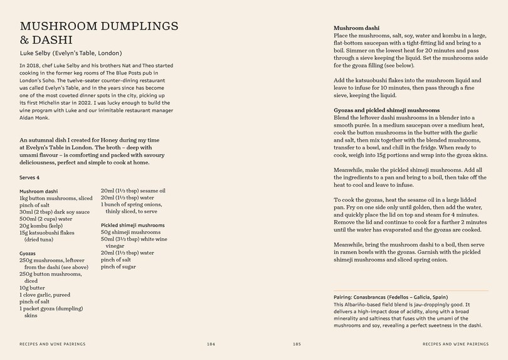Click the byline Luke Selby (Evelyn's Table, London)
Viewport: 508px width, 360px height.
coord(71,53)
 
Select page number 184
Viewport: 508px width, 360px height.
coord(211,344)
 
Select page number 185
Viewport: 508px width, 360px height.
coord(297,344)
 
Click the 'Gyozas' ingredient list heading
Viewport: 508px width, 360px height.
coord(28,253)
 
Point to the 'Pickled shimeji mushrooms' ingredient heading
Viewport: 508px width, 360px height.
coord(132,225)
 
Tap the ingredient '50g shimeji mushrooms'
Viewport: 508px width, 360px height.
coord(130,232)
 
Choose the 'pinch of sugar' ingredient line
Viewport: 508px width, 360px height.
coord(119,267)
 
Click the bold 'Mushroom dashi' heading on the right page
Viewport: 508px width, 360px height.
coord(356,28)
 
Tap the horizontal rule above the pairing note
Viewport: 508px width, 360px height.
coord(411,290)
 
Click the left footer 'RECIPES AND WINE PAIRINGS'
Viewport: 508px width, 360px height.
coord(53,344)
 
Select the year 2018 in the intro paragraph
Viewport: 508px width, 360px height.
coord(33,65)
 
